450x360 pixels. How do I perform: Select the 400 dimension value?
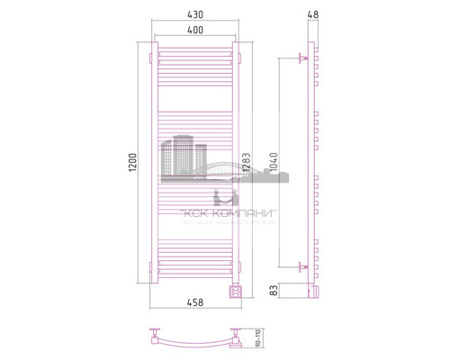point(194,30)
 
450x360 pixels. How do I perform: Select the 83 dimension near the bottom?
point(272,291)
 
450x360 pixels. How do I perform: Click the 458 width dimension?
point(193,305)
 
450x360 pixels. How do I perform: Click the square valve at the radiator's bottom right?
point(237,290)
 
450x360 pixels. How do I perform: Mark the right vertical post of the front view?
point(237,163)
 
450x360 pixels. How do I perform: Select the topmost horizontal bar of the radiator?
point(193,52)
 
